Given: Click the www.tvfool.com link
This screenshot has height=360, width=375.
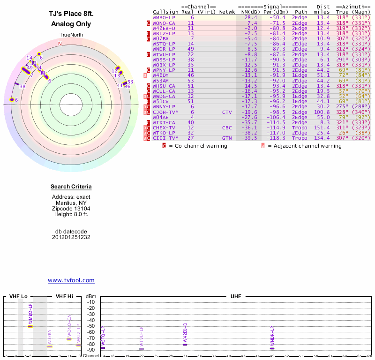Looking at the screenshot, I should point(71,280).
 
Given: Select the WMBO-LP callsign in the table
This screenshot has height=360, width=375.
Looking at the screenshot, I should point(164,17).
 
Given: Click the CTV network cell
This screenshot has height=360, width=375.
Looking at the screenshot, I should point(227,112).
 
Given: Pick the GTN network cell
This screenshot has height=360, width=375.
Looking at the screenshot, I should point(227,138).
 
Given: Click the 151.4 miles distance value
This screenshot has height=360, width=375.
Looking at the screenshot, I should point(323,127).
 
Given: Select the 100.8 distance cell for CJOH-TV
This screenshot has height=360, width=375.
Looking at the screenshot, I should point(323,112).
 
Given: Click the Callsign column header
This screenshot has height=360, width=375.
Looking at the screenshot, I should point(165,12).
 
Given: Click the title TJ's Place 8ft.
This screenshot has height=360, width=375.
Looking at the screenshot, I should point(71,15).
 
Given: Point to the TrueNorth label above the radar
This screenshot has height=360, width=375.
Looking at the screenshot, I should point(71,36).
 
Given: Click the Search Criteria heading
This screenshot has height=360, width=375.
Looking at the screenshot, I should point(71,187).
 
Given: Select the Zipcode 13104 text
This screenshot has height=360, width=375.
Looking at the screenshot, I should point(71,209).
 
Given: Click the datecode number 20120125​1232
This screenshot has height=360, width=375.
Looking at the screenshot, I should point(71,237).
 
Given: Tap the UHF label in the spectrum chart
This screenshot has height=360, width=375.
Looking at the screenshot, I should point(235,297).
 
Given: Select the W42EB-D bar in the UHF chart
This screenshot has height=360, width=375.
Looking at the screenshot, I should point(185,345).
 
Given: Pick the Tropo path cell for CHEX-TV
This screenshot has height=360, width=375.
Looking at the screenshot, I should point(300,127).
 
